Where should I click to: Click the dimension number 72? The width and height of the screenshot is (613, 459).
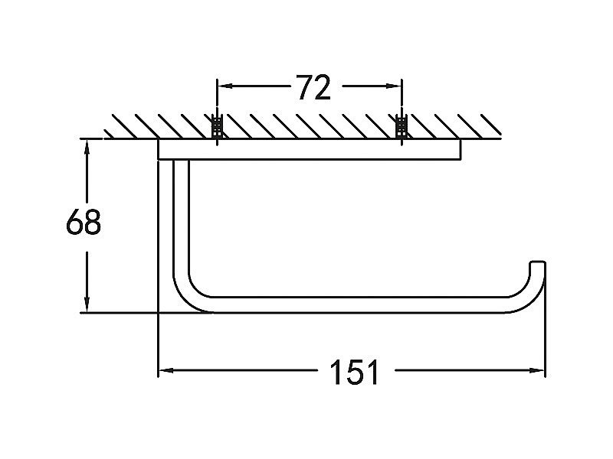(314, 87)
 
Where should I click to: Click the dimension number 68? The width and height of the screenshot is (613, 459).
(84, 221)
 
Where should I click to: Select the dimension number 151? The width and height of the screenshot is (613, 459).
(355, 372)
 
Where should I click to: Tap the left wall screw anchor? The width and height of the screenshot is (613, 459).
(217, 126)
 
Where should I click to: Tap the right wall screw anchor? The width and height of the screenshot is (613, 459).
(402, 126)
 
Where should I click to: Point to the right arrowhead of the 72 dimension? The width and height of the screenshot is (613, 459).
(394, 86)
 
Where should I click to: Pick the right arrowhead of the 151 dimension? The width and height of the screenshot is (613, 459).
(536, 370)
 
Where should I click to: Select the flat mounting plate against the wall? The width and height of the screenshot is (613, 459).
(310, 149)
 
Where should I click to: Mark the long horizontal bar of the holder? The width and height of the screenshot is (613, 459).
(359, 304)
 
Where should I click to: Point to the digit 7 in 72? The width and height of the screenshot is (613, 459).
(304, 87)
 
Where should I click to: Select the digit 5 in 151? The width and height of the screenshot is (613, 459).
(355, 372)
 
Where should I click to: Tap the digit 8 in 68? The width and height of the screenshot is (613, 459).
(93, 221)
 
